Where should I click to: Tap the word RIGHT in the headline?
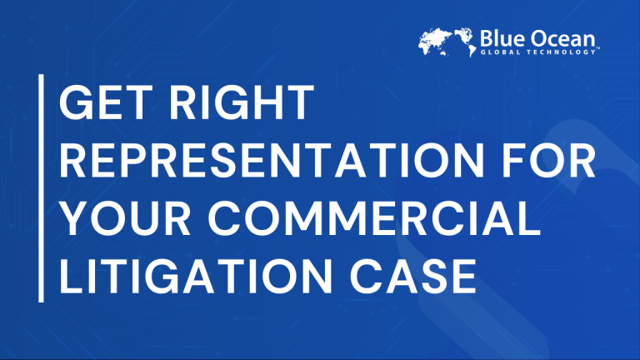[242, 102]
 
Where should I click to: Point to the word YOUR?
[125, 218]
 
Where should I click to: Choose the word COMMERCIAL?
[374, 218]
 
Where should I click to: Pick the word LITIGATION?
[196, 276]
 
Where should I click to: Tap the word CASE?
[413, 276]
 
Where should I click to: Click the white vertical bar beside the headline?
[41, 188]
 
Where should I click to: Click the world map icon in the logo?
[447, 42]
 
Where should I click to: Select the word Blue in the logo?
[502, 39]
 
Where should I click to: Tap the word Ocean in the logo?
[562, 39]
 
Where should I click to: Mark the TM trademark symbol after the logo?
[597, 48]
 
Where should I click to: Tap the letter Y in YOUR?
[75, 218]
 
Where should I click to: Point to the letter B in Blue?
[487, 39]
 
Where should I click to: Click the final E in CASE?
[464, 276]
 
